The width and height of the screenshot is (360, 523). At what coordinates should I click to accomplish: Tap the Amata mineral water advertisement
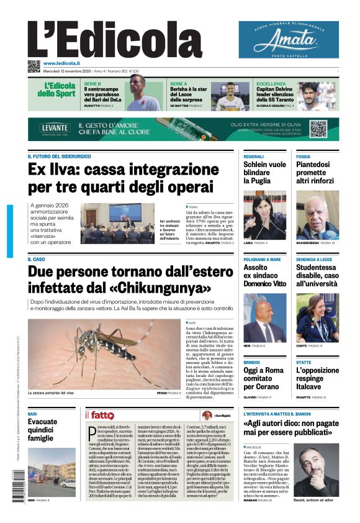click(x=289, y=40)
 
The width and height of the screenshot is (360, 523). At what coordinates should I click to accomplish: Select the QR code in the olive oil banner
click(x=318, y=129)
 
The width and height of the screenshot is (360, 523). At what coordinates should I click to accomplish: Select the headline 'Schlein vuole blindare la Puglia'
click(x=264, y=173)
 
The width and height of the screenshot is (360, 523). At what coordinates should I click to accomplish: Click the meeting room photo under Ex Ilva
click(x=118, y=222)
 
